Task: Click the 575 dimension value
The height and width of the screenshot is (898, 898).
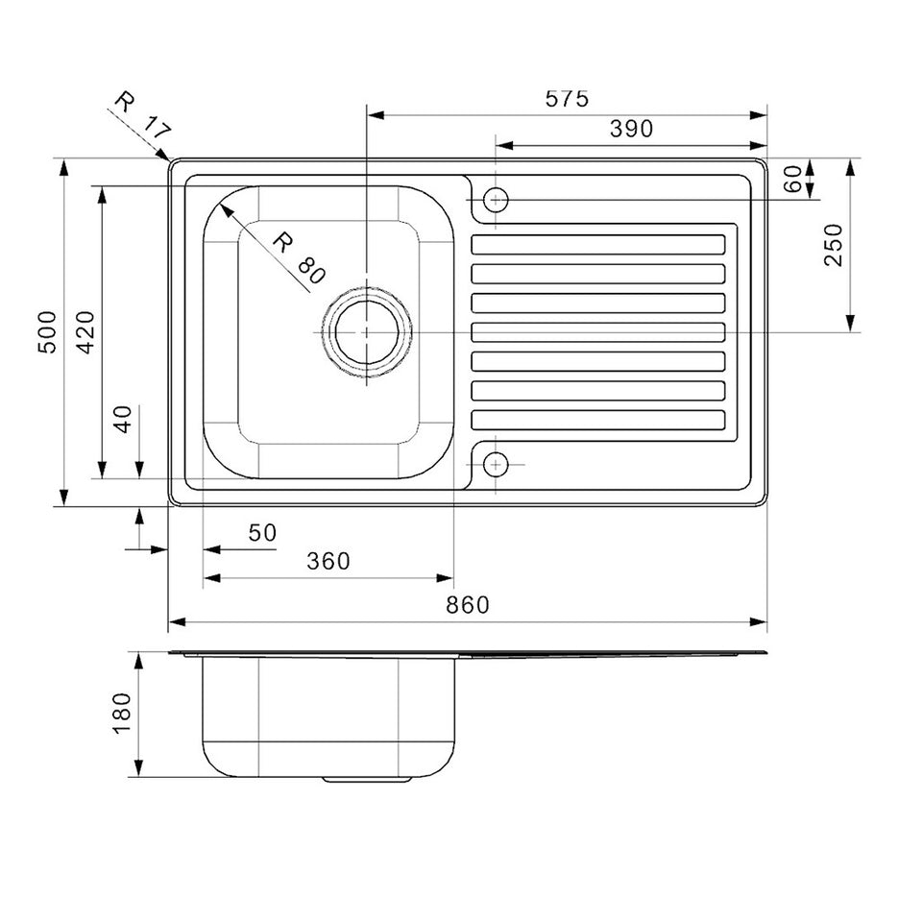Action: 567,99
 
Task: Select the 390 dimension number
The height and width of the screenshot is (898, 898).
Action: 631,129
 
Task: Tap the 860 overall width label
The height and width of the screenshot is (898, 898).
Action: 468,605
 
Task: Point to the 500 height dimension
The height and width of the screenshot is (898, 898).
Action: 47,332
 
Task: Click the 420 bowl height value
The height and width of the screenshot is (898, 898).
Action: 85,332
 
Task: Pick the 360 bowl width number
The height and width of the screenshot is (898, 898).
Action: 328,561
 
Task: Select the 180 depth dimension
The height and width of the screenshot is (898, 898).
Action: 121,714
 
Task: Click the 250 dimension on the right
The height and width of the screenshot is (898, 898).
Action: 834,245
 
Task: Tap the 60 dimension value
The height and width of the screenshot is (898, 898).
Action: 792,180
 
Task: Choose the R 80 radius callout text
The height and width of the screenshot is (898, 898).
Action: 299,257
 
